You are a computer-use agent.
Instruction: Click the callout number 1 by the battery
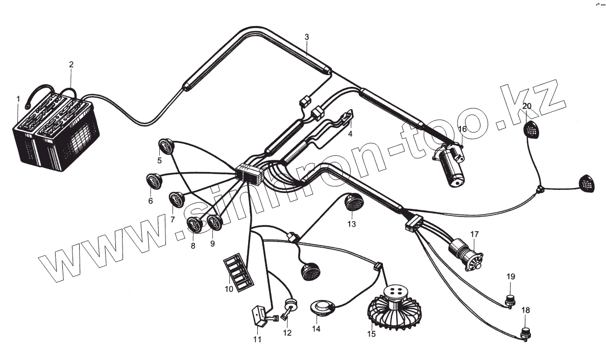pyautogui.click(x=18, y=98)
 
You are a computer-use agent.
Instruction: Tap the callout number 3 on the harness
pyautogui.click(x=306, y=37)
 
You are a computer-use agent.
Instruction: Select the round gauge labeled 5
pyautogui.click(x=165, y=147)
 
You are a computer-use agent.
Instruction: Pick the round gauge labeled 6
pyautogui.click(x=153, y=180)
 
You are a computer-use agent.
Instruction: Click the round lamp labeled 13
pyautogui.click(x=351, y=203)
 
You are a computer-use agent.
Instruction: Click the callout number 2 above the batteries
pyautogui.click(x=71, y=64)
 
